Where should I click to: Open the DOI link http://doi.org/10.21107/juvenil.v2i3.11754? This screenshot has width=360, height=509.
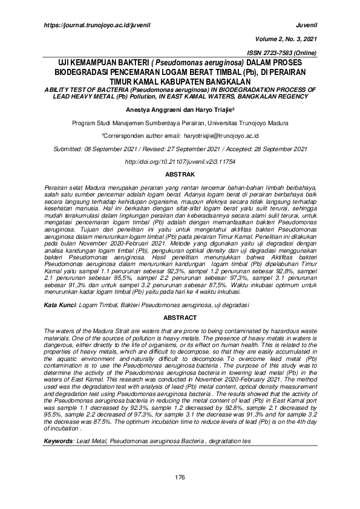[180, 163]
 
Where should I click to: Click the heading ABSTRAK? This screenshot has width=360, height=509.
[180, 175]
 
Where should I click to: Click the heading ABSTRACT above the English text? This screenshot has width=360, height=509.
[180, 318]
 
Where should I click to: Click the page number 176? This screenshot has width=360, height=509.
[180, 478]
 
